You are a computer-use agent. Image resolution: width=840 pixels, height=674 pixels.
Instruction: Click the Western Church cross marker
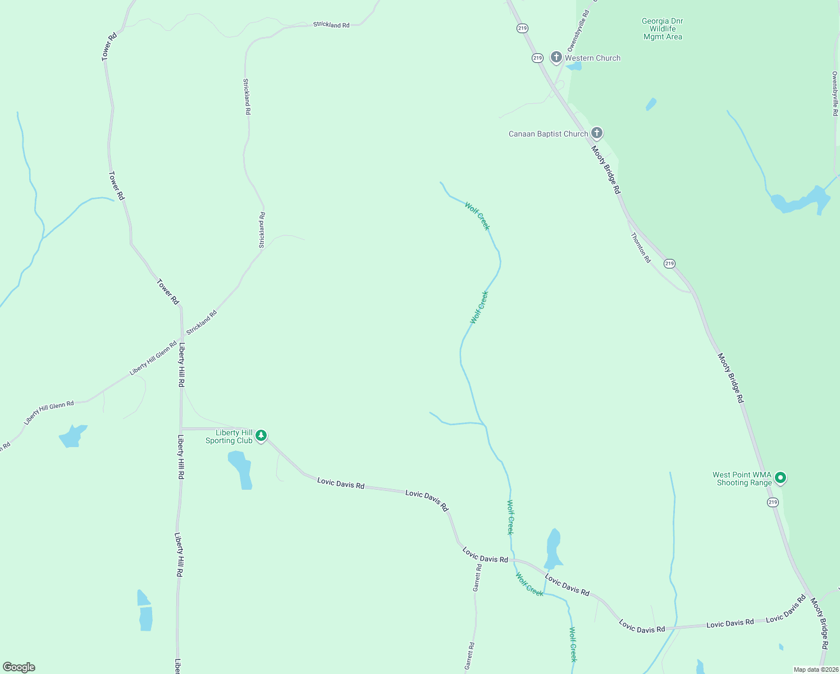tap(556, 57)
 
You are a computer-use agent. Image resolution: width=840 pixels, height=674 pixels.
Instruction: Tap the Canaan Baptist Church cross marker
tap(597, 133)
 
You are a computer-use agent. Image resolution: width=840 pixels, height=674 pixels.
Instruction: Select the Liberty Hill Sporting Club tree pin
tap(261, 436)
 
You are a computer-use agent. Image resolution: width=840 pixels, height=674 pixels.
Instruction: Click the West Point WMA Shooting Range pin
tap(780, 478)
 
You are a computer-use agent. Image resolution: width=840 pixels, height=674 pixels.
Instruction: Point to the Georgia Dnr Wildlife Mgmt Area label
tap(663, 29)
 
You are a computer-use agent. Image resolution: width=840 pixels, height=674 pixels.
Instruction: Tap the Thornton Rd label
tap(641, 248)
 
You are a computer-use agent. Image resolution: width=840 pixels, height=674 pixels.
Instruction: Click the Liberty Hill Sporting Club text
tap(229, 437)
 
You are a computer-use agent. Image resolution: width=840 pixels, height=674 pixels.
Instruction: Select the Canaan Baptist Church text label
tap(548, 134)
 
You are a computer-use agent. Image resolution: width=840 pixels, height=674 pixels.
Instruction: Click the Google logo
tap(19, 667)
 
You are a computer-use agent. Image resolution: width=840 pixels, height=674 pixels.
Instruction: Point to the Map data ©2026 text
tap(816, 670)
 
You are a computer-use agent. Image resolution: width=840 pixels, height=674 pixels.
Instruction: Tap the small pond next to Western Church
tap(574, 67)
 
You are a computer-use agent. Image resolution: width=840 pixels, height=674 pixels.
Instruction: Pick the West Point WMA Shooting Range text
tap(742, 479)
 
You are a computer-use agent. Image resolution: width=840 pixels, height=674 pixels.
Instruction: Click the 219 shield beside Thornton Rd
tap(669, 263)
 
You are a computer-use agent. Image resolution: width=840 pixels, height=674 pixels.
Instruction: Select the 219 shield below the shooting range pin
tap(773, 502)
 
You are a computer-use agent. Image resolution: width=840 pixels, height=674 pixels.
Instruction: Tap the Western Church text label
tap(592, 58)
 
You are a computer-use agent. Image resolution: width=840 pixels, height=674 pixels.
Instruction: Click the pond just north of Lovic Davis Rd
tap(553, 549)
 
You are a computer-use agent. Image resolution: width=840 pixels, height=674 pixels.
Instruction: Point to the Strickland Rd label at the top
tap(331, 25)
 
